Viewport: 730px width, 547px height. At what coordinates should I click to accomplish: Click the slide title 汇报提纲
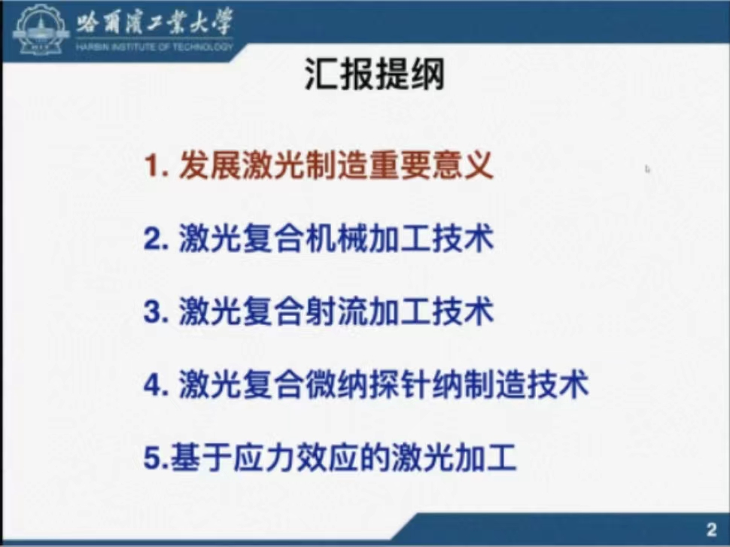[x=375, y=74]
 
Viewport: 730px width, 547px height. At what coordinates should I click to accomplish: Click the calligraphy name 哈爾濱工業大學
[x=154, y=23]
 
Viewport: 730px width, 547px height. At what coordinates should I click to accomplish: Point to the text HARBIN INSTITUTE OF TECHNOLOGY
[x=154, y=47]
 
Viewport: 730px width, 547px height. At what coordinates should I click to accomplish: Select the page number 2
[x=711, y=529]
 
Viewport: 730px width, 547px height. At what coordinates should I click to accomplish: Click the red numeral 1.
[x=151, y=166]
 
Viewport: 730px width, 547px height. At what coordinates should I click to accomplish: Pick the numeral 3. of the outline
[x=156, y=312]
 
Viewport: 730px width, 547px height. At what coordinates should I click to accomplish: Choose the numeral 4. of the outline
[x=156, y=385]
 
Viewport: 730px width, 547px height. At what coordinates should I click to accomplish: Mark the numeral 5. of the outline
[x=157, y=457]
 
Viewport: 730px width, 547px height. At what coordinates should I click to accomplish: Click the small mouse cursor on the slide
[x=647, y=169]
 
